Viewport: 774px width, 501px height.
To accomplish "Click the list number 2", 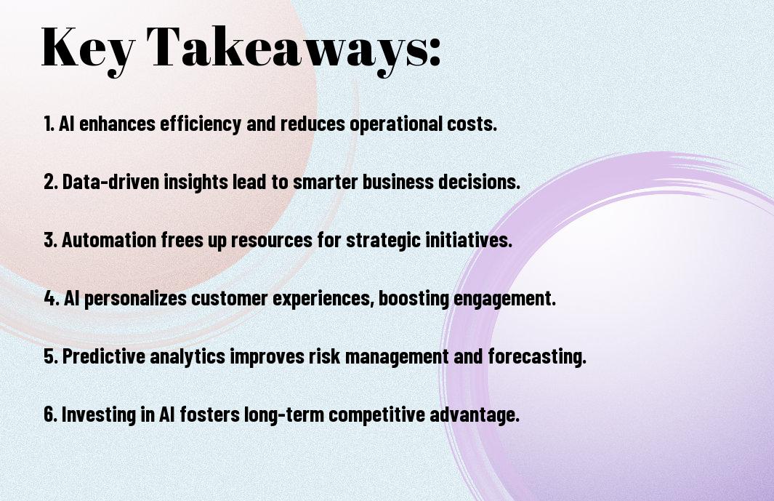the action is pyautogui.click(x=51, y=182).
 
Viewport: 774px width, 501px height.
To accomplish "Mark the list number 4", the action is pyautogui.click(x=52, y=298).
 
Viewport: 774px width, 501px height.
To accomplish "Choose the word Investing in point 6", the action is pyautogui.click(x=99, y=414).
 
